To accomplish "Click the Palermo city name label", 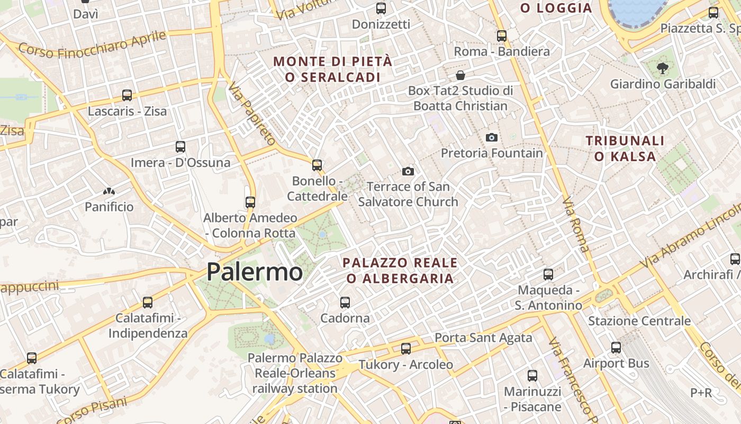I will point(255,272).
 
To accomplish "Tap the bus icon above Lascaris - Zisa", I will point(127,95).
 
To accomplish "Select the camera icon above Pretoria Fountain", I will point(492,137).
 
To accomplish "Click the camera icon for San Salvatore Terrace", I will point(408,171).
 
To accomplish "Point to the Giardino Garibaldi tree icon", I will point(662,68).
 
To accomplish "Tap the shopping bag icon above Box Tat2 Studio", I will point(460,75).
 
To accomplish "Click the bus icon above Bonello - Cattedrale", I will point(317,165).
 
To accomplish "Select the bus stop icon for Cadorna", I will point(345,302).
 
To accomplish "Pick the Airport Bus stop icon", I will point(616,348).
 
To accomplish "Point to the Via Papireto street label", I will point(252,113).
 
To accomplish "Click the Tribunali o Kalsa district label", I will point(625,148).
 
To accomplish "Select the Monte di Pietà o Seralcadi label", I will point(333,69).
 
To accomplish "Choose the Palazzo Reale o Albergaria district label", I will point(400,270).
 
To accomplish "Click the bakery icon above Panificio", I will point(109,191).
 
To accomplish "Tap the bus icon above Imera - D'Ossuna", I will point(180,146).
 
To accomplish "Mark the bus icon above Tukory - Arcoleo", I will point(406,349).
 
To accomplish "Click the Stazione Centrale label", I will point(639,321).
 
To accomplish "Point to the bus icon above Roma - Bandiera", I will point(502,36).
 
